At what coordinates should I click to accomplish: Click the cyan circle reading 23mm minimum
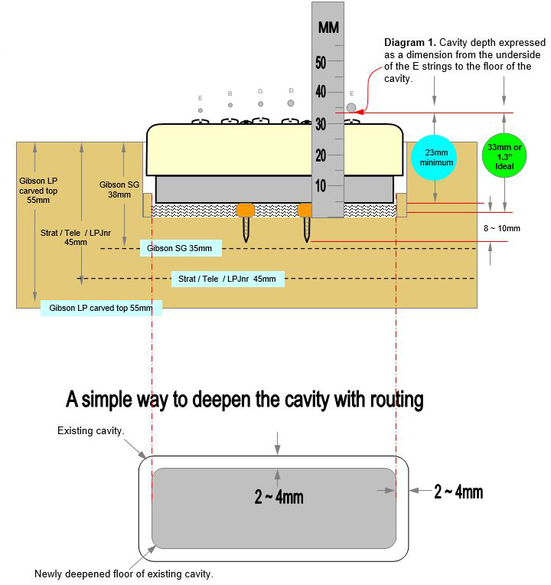434,158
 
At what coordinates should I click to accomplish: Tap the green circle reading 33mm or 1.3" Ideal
504,156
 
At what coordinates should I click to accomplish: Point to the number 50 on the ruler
321,63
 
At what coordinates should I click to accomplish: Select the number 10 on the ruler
321,186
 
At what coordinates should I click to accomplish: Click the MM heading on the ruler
328,28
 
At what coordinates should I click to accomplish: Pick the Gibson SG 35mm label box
181,248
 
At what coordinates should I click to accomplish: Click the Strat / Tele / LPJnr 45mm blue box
228,279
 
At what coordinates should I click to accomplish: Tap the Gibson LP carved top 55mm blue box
101,308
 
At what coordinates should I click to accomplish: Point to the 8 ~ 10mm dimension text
502,228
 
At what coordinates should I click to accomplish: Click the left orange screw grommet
246,210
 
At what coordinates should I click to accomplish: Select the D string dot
291,103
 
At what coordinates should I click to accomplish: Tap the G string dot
260,104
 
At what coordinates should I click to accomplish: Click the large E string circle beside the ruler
351,107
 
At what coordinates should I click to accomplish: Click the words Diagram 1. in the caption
410,42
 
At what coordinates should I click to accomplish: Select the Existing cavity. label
90,430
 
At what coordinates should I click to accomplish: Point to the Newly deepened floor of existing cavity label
124,574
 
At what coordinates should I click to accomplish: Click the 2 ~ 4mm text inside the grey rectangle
279,497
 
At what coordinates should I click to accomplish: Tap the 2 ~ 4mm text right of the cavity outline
458,492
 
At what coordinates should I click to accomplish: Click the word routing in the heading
396,400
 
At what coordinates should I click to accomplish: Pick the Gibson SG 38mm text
119,190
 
